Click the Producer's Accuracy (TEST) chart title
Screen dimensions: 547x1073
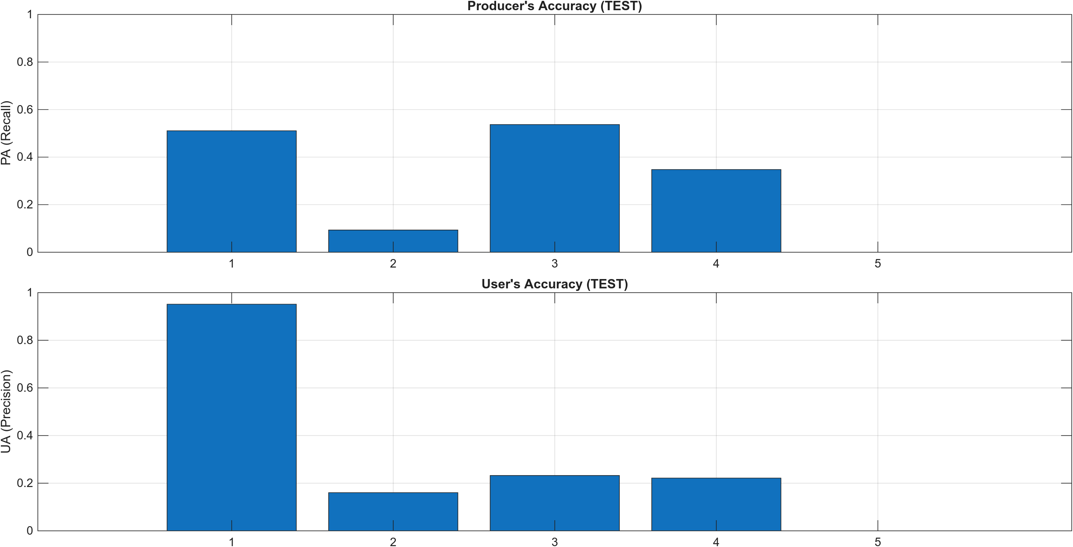click(x=554, y=6)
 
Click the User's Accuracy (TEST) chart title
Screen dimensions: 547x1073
click(x=554, y=284)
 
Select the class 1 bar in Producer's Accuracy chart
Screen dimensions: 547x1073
click(x=231, y=191)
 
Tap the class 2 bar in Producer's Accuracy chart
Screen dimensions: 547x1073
click(x=393, y=241)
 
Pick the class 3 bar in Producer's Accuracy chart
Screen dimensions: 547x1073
click(x=554, y=188)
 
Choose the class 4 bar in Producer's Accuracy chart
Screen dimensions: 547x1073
click(x=716, y=211)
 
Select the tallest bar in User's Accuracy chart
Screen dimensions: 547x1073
click(x=231, y=417)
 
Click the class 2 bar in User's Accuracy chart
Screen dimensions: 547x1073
click(x=393, y=512)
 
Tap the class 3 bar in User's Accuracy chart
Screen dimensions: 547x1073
click(x=554, y=503)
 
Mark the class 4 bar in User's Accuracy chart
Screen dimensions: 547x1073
click(x=716, y=504)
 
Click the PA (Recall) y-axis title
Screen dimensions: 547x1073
click(x=6, y=133)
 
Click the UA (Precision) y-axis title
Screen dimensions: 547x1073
click(x=6, y=412)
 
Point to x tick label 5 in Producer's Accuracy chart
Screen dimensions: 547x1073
click(x=877, y=264)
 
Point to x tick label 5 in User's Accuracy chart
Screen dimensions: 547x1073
click(x=877, y=542)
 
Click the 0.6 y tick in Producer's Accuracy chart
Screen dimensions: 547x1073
click(x=25, y=110)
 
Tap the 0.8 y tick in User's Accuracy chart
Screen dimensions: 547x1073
click(x=25, y=340)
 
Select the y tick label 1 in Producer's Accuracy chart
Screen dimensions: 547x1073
click(x=30, y=14)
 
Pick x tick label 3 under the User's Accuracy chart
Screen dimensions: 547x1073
click(x=554, y=542)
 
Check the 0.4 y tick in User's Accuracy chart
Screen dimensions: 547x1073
click(x=25, y=436)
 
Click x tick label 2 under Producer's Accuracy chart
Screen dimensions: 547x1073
click(x=393, y=264)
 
